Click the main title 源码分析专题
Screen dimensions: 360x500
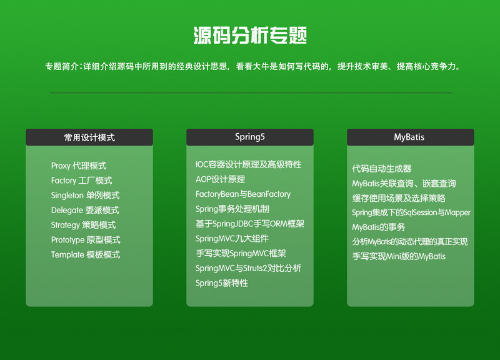pyautogui.click(x=250, y=35)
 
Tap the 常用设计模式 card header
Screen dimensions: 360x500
pyautogui.click(x=89, y=137)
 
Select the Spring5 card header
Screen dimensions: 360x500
pyautogui.click(x=250, y=137)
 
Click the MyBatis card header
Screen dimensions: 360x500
pyautogui.click(x=409, y=137)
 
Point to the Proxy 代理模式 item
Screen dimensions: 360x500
pyautogui.click(x=79, y=166)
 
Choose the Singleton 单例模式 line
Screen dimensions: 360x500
pyautogui.click(x=85, y=195)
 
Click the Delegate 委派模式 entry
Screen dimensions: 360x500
pyautogui.click(x=85, y=210)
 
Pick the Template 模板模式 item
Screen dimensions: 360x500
pyautogui.click(x=86, y=254)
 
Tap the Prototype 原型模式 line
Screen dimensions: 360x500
pyautogui.click(x=86, y=239)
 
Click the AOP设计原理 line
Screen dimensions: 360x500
pyautogui.click(x=220, y=179)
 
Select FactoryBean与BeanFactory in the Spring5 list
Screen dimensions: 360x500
pyautogui.click(x=243, y=194)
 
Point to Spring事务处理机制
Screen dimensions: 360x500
pyautogui.click(x=232, y=209)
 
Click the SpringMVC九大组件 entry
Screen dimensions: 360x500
pyautogui.click(x=232, y=238)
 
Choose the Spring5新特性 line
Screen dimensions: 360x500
pyautogui.click(x=222, y=283)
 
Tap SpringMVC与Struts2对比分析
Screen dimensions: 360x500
pyautogui.click(x=248, y=268)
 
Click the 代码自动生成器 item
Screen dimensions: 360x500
pyautogui.click(x=382, y=169)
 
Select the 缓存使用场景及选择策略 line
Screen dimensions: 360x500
pyautogui.click(x=399, y=198)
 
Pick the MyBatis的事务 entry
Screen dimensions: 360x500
pyautogui.click(x=379, y=227)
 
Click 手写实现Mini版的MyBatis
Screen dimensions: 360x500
pyautogui.click(x=399, y=256)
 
